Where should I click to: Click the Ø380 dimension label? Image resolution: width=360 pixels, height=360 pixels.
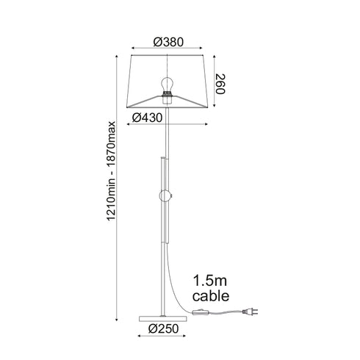click(x=168, y=42)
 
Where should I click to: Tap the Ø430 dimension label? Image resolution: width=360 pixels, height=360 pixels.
click(x=147, y=118)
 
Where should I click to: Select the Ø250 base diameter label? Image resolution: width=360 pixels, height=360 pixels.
click(x=164, y=328)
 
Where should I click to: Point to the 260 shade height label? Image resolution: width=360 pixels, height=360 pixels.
click(x=220, y=84)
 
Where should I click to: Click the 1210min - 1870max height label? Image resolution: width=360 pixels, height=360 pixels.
click(x=111, y=170)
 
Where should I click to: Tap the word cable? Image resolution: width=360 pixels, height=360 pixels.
click(x=211, y=295)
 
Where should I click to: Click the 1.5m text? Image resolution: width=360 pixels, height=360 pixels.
click(x=210, y=281)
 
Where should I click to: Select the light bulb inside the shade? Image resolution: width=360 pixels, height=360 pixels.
click(x=168, y=84)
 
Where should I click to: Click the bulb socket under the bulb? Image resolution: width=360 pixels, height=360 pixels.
click(x=167, y=98)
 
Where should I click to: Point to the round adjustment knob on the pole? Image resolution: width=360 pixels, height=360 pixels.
click(x=165, y=196)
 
